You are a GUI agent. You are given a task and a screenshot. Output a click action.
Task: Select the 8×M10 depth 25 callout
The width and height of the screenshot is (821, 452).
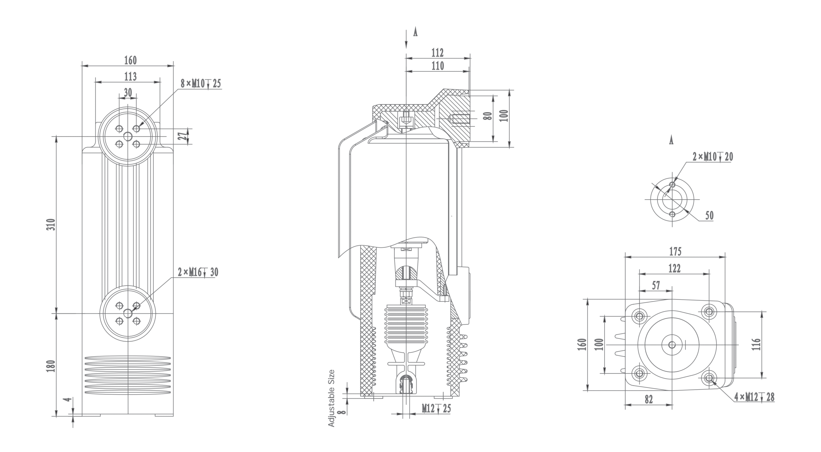pos(201,84)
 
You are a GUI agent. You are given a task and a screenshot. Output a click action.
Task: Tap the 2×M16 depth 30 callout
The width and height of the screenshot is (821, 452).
pos(198,272)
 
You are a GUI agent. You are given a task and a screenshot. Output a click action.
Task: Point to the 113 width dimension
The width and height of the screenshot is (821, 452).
pos(131,76)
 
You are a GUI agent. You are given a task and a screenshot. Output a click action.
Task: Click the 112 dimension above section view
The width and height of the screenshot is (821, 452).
pos(437,52)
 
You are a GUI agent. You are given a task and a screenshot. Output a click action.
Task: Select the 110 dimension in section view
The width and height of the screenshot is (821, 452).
pos(437,66)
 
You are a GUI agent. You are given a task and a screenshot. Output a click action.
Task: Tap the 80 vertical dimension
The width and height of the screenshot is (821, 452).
pos(489,116)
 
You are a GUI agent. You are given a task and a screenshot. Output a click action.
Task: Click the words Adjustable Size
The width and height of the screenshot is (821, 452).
pos(331,398)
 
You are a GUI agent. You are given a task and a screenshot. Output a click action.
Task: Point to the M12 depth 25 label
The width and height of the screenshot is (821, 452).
pos(436,408)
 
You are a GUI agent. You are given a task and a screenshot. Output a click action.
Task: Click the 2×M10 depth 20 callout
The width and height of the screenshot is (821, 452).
pos(713,157)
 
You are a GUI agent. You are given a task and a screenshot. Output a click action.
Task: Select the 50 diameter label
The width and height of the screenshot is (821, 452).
pos(709,215)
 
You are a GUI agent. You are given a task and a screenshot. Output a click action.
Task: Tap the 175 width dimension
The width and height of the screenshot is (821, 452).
pos(675,251)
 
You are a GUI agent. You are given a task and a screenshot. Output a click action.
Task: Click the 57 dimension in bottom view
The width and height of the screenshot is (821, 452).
pos(656,285)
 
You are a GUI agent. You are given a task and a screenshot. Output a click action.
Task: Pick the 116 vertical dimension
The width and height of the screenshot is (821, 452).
pos(756,344)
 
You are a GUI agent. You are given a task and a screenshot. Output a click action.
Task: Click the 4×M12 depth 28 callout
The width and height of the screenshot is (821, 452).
pos(754,397)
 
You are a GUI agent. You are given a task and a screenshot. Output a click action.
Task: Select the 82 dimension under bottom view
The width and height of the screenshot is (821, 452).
pos(648,399)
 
